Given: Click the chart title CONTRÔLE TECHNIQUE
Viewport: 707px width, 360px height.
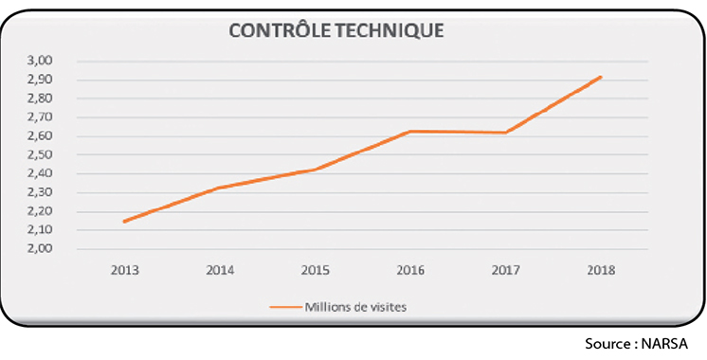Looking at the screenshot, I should (x=337, y=30).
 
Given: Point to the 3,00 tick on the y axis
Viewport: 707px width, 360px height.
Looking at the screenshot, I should (x=41, y=61).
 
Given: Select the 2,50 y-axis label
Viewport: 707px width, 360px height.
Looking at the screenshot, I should (x=41, y=154).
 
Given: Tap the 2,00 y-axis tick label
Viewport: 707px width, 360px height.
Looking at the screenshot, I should (x=41, y=249).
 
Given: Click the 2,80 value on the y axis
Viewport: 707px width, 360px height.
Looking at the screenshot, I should (x=41, y=99).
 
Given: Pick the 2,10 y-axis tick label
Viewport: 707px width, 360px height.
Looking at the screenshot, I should (x=41, y=230).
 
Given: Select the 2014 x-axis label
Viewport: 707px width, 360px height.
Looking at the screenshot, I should (x=220, y=270).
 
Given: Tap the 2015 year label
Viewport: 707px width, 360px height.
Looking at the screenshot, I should (x=315, y=270).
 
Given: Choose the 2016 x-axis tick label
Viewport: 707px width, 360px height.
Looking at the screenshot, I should (x=410, y=270).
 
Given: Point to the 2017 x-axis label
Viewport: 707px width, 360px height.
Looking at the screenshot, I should (x=505, y=270).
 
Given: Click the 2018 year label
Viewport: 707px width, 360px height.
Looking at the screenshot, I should (x=601, y=270).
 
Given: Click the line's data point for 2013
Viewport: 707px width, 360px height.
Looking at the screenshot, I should (x=124, y=222).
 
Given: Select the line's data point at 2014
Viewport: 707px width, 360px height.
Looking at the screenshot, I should (x=220, y=188).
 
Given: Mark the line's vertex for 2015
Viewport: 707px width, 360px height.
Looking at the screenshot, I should (x=315, y=170).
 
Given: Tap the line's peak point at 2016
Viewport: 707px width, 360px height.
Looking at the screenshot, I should (x=410, y=131).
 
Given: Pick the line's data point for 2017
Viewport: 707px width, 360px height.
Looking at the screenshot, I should (x=505, y=133).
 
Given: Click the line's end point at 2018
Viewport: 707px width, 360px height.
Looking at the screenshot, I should (x=601, y=77).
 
